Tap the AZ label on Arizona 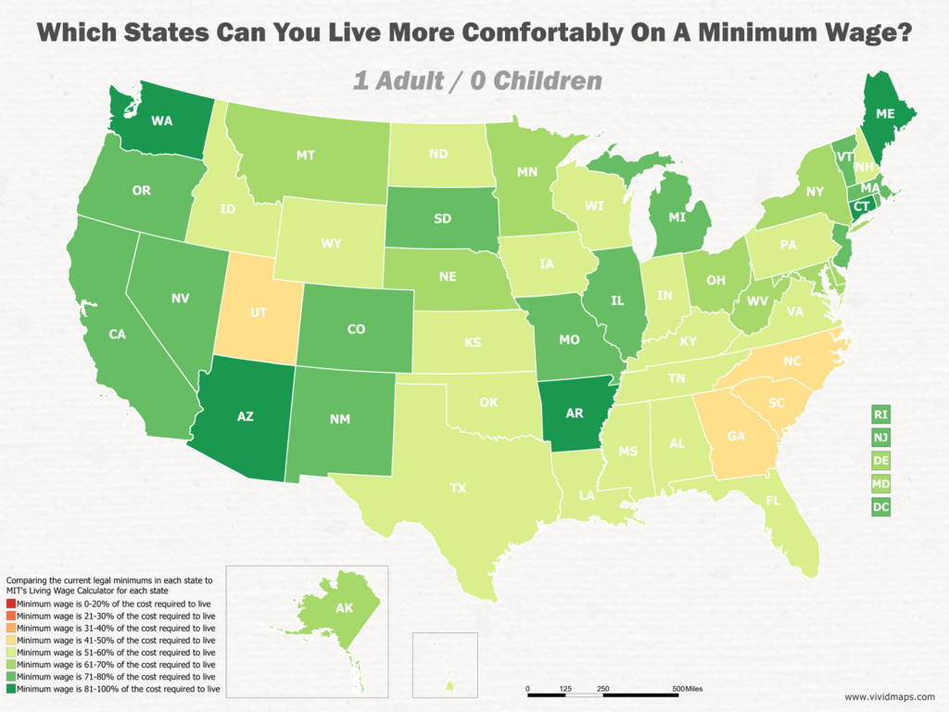point(246,417)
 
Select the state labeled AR point(575,413)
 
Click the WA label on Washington point(161,121)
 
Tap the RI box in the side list point(880,413)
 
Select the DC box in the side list point(880,506)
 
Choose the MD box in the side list point(880,483)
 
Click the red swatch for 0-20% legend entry point(10,604)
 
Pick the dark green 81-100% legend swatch point(10,689)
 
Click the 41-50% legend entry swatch point(10,640)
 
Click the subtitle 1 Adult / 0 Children point(477,81)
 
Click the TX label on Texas point(458,488)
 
